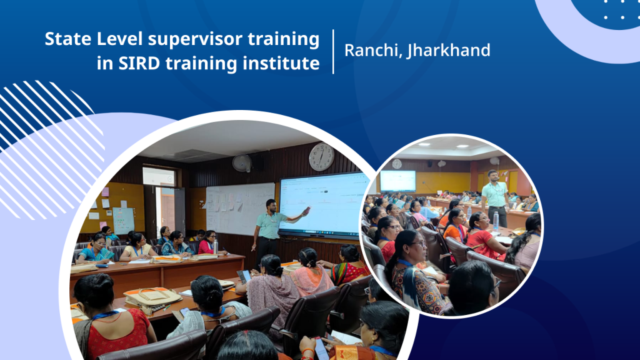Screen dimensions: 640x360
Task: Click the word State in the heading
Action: tap(67, 39)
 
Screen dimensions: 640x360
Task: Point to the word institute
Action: tap(281, 63)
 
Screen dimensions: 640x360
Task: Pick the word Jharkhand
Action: tap(448, 51)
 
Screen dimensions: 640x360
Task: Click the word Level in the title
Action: tap(119, 39)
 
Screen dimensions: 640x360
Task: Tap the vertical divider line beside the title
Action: tap(334, 51)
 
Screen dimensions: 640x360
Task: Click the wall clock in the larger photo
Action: tap(322, 157)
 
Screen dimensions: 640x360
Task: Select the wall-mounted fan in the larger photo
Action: tap(242, 163)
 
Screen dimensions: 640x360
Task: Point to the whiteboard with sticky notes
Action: tap(239, 209)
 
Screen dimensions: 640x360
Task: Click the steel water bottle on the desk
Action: tap(216, 247)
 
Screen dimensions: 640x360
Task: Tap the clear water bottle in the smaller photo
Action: tap(496, 221)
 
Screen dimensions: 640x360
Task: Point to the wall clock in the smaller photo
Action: tap(397, 164)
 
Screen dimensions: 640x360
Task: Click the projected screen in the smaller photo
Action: tap(398, 181)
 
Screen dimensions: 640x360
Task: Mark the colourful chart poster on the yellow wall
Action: tap(123, 221)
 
